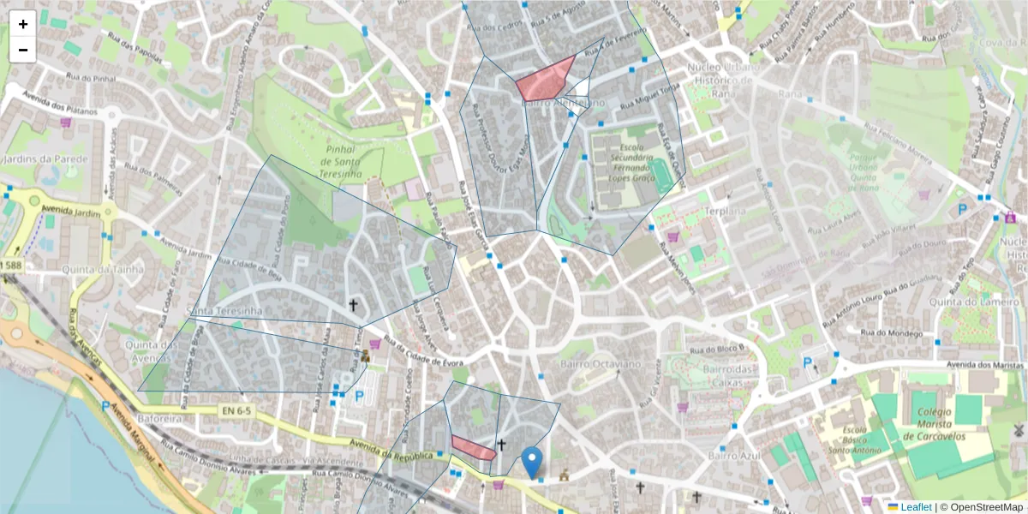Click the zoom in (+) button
click(23, 24)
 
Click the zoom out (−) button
click(23, 50)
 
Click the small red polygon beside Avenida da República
click(473, 447)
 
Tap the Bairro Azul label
click(734, 456)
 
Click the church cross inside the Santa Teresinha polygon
click(352, 305)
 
